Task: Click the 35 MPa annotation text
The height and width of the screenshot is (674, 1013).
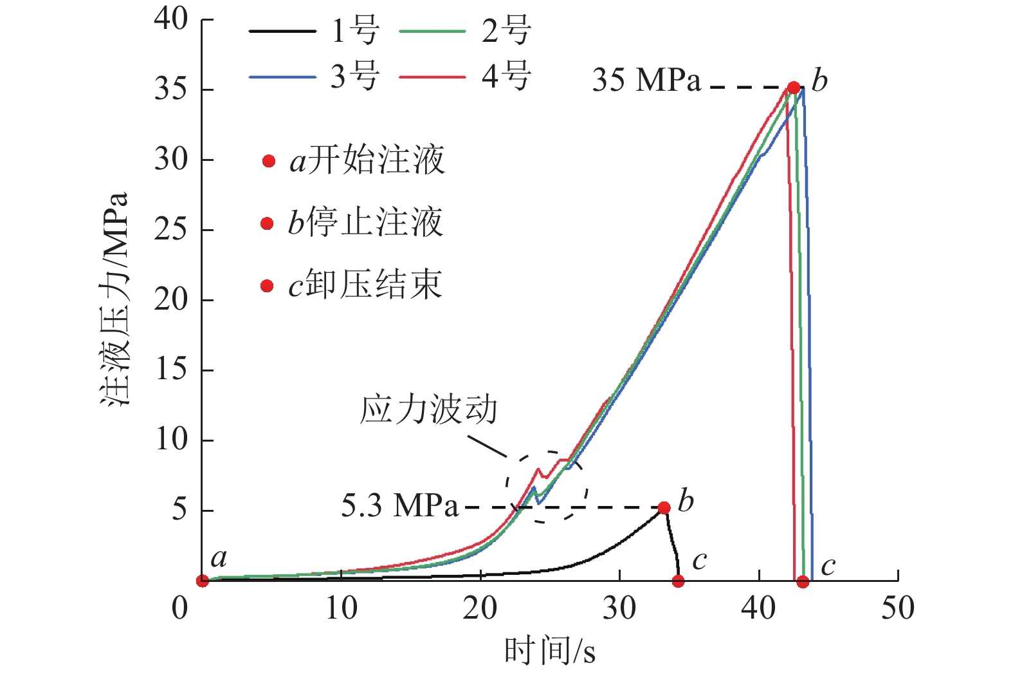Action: point(646,80)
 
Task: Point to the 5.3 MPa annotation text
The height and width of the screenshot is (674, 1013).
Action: point(399,506)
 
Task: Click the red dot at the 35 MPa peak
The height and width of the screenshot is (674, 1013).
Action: point(794,88)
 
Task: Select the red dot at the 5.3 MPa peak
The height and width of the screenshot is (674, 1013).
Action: point(664,508)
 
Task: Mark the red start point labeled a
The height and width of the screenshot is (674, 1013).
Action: point(203,581)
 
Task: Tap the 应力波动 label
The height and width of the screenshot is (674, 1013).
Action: point(429,409)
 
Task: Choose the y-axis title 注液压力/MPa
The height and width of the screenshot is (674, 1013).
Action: point(115,299)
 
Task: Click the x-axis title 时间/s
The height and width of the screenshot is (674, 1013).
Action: point(549,651)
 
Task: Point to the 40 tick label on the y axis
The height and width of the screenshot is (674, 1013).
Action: point(170,19)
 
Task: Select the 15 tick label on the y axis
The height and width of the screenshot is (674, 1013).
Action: point(170,370)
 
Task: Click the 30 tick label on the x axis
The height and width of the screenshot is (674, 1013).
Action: point(619,608)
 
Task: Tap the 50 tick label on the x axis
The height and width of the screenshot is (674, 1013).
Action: point(897,608)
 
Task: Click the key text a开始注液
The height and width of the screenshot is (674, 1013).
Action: point(367,160)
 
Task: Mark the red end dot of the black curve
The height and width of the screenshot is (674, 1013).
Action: point(678,581)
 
